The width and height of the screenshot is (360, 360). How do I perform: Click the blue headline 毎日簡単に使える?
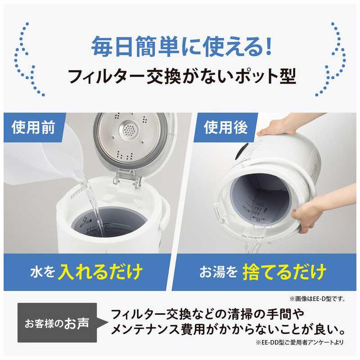[180, 46]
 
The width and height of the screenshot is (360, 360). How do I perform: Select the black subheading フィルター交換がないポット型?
[180, 77]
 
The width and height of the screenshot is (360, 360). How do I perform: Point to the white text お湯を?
[218, 272]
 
